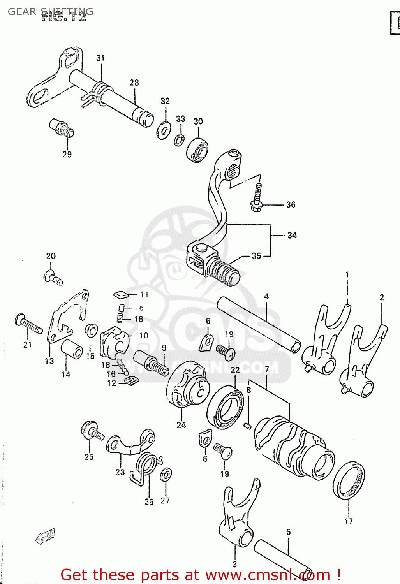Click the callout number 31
click(100, 58)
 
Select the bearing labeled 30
click(197, 150)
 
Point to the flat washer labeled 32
click(164, 130)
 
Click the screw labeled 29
click(62, 128)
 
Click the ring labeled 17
click(349, 481)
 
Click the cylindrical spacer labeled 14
click(72, 349)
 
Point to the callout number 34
click(292, 235)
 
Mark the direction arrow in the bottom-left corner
click(46, 537)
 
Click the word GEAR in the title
click(22, 12)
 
